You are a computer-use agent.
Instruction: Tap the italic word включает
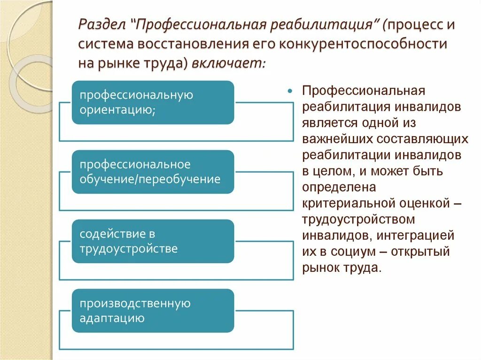pyautogui.click(x=228, y=63)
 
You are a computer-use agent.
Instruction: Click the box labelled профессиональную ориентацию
pyautogui.click(x=153, y=102)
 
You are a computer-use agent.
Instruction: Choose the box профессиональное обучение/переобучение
pyautogui.click(x=153, y=172)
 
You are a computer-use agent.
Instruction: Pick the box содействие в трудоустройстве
pyautogui.click(x=153, y=241)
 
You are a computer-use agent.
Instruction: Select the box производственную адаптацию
pyautogui.click(x=153, y=311)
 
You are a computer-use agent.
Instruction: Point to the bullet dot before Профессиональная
pyautogui.click(x=290, y=91)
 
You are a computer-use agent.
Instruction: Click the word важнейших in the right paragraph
pyautogui.click(x=334, y=139)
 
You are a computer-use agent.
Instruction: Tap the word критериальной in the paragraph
pyautogui.click(x=345, y=203)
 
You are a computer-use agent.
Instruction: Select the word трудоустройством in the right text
pyautogui.click(x=358, y=219)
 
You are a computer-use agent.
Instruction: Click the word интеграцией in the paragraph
pyautogui.click(x=424, y=235)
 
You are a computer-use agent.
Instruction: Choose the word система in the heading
pyautogui.click(x=104, y=44)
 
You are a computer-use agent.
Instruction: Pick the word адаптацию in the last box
pyautogui.click(x=112, y=318)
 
